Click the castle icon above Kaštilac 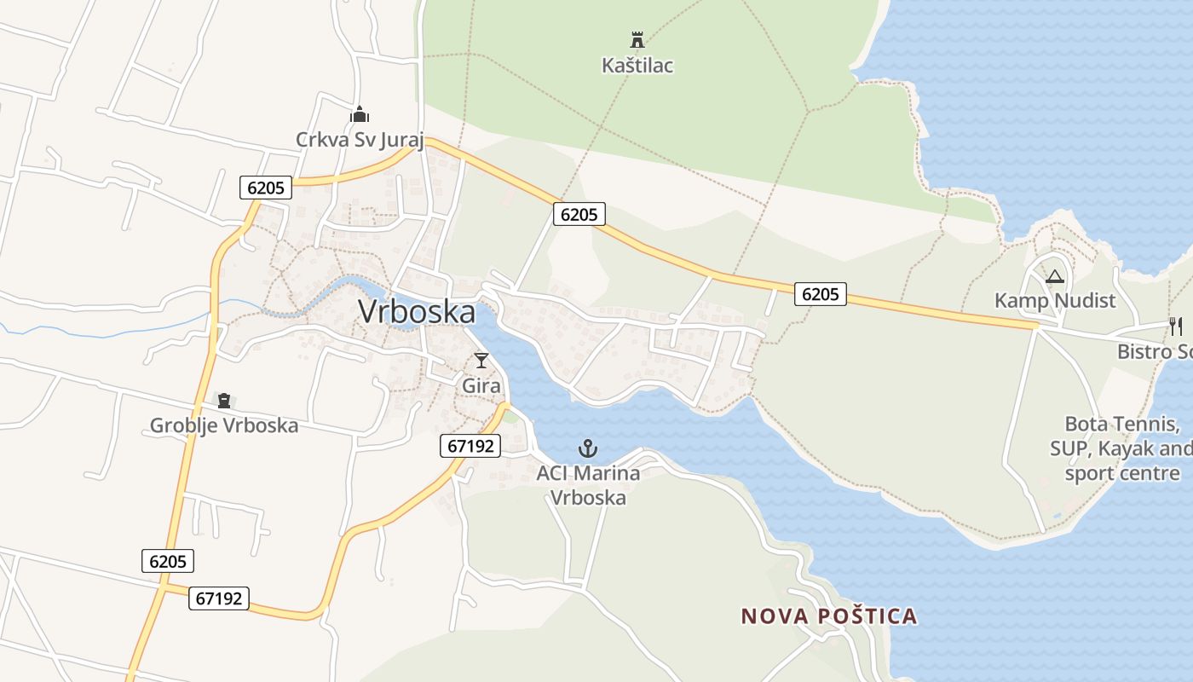[x=637, y=39]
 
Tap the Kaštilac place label [x=637, y=66]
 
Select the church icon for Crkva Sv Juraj [x=360, y=114]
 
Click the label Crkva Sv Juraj [x=360, y=140]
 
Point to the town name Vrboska [x=417, y=312]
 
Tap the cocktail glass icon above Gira [x=481, y=361]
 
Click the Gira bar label [x=481, y=386]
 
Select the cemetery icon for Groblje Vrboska [x=224, y=401]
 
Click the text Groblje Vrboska [x=224, y=425]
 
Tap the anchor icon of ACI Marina [x=587, y=448]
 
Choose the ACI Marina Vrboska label [x=588, y=485]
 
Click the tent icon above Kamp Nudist [x=1055, y=276]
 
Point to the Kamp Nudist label [x=1055, y=301]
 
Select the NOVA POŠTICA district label [x=828, y=616]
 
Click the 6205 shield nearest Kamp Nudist [x=821, y=294]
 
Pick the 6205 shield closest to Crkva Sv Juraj [x=266, y=188]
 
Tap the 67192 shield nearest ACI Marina [x=470, y=445]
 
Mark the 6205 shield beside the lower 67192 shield [x=168, y=561]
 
